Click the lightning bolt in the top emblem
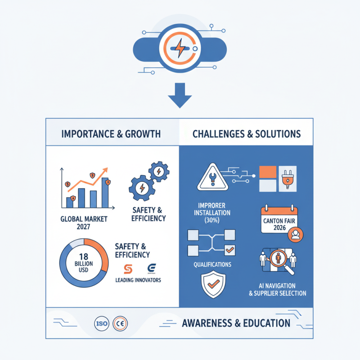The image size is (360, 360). click(x=180, y=48)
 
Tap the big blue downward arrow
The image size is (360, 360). click(x=180, y=95)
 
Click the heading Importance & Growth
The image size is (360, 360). click(x=111, y=134)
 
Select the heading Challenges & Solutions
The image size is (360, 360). click(x=247, y=134)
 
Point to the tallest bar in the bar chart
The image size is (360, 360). click(x=105, y=193)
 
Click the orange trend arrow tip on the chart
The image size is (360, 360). click(x=105, y=170)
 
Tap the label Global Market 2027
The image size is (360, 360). click(x=84, y=223)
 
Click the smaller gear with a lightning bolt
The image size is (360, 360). click(x=159, y=171)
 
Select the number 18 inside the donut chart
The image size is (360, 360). click(x=84, y=256)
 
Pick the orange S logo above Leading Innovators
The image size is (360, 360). click(x=128, y=269)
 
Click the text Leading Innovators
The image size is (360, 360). click(x=138, y=280)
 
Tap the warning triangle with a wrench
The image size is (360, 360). click(x=212, y=177)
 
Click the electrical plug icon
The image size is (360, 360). click(x=288, y=179)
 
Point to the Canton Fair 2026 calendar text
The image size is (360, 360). click(x=279, y=224)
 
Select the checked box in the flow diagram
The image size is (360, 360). click(x=229, y=250)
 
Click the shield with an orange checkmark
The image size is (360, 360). click(x=213, y=284)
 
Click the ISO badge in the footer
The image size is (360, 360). click(x=102, y=324)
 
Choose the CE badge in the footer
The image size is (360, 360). click(x=120, y=324)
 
